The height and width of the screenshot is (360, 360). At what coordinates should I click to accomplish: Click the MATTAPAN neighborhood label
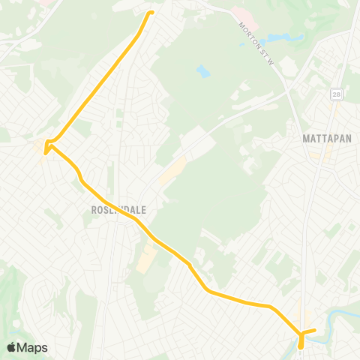(327, 139)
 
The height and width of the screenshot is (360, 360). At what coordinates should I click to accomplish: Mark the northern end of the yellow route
(151, 12)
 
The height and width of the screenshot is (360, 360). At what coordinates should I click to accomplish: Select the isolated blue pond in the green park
(202, 71)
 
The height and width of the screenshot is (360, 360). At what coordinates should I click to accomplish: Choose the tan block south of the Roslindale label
(145, 259)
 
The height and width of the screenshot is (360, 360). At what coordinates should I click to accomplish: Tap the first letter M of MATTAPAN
(305, 139)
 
